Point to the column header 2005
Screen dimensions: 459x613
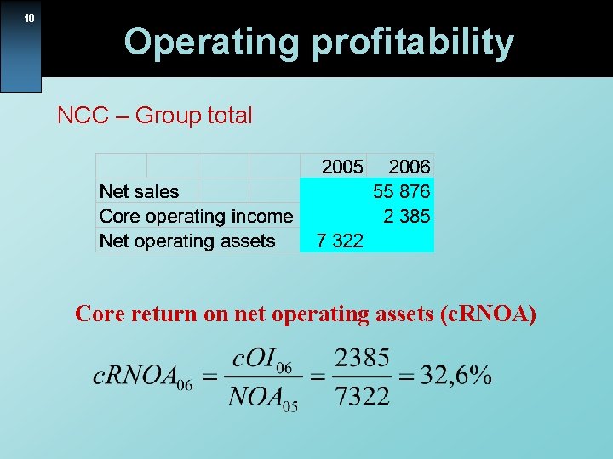[342, 167]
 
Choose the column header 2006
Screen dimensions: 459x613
[410, 167]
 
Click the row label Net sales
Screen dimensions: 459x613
[140, 191]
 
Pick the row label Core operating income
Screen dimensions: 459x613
[196, 216]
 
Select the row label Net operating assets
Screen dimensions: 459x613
[187, 241]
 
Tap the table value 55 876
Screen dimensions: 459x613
[402, 191]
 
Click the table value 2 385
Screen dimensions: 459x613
[407, 216]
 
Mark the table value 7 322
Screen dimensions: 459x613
[340, 241]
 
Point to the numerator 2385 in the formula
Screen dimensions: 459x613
[362, 358]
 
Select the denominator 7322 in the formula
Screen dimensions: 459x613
[362, 395]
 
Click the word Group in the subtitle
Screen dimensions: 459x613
[168, 116]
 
